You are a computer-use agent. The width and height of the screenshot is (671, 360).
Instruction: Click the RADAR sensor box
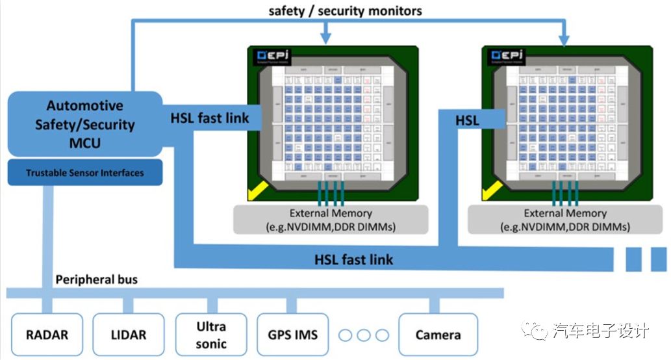[x=47, y=335]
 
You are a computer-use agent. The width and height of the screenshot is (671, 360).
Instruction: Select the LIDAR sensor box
[x=129, y=335]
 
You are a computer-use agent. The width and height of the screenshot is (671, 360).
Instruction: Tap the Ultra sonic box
[x=210, y=334]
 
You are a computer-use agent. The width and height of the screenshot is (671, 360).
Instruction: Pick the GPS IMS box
[x=292, y=335]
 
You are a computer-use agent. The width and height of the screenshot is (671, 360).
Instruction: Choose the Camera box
[x=438, y=335]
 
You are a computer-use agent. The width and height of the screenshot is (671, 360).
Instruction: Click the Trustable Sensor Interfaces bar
[x=84, y=173]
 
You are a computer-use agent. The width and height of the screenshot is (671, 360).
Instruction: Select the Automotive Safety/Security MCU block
[x=84, y=123]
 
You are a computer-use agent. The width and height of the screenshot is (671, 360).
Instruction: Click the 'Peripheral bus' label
[x=95, y=280]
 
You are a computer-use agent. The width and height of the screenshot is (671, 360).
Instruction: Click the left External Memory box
[x=330, y=220]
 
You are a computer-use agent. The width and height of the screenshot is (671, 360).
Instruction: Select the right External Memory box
[x=565, y=220]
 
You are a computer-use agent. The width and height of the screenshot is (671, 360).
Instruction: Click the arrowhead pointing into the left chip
[x=325, y=38]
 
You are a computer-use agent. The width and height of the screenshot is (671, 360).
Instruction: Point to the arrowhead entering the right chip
[x=563, y=38]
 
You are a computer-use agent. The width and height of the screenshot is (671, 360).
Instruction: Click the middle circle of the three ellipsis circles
[x=363, y=335]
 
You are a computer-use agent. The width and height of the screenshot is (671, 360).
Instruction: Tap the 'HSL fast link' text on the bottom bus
[x=354, y=259]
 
